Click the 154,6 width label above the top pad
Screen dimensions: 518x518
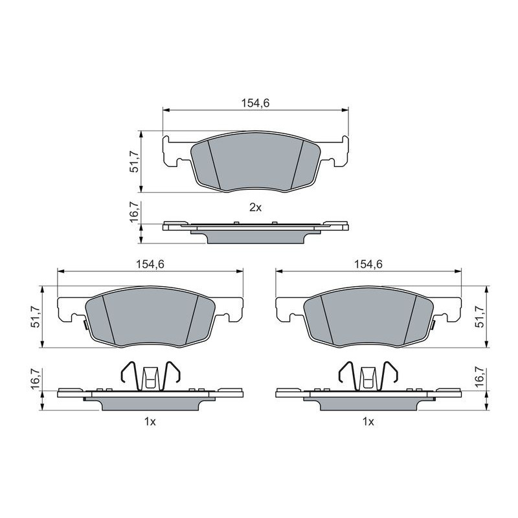255,103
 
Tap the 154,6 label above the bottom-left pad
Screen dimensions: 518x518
150,264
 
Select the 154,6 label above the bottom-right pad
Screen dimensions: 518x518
368,264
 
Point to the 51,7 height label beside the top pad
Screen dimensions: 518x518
134,161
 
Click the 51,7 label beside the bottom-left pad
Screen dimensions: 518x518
36,317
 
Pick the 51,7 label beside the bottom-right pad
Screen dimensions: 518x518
479,317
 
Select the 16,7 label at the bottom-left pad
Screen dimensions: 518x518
36,379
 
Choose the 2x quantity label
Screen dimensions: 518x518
255,207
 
